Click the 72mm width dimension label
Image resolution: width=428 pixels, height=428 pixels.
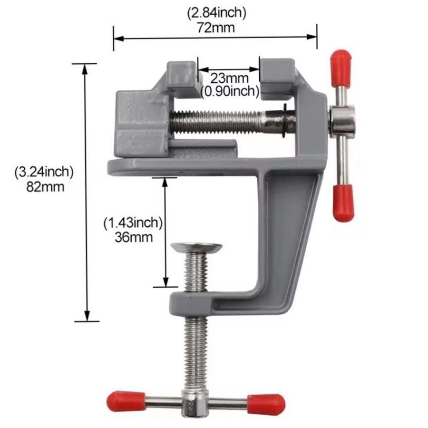click(x=215, y=28)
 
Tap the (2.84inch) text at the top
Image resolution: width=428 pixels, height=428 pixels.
click(x=217, y=13)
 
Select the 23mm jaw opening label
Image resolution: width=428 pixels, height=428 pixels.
click(x=230, y=78)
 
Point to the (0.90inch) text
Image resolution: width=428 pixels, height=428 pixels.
click(x=230, y=91)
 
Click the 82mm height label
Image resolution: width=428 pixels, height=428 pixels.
click(x=45, y=187)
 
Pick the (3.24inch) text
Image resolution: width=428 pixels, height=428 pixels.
click(x=44, y=173)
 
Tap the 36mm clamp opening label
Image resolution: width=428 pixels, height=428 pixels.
click(x=134, y=237)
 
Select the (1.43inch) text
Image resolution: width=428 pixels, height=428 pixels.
click(x=133, y=223)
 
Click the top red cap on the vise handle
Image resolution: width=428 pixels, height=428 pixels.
click(x=341, y=68)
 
